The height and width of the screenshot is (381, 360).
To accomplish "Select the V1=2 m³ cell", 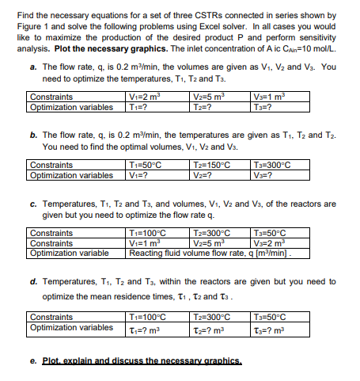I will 145,97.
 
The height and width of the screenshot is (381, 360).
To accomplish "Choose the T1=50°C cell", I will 146,165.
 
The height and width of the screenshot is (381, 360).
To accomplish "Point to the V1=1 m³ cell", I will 145,244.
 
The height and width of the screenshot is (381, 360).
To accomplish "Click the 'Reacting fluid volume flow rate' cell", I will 214,254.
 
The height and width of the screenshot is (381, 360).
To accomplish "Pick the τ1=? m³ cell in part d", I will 144,327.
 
